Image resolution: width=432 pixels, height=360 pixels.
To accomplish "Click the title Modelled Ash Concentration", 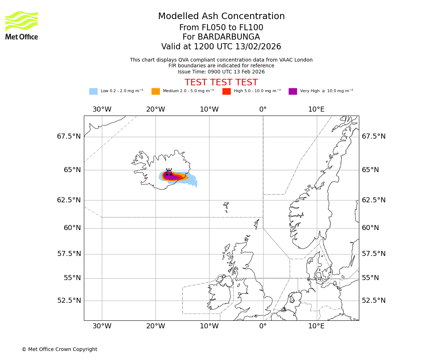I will [221, 17].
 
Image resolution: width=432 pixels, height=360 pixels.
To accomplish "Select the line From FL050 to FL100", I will [221, 28].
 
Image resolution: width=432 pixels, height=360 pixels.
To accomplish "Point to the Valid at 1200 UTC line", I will [221, 47].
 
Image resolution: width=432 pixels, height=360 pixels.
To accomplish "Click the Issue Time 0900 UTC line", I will [221, 72].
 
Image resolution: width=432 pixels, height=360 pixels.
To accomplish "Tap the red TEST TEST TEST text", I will [221, 82].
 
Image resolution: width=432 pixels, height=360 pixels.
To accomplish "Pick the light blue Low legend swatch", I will [93, 91].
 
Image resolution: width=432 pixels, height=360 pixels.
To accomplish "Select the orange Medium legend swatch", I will [156, 91].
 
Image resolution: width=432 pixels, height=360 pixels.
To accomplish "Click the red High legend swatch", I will [226, 91].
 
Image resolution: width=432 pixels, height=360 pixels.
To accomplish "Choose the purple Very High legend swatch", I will [293, 91].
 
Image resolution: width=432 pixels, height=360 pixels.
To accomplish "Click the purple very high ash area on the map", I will [172, 177].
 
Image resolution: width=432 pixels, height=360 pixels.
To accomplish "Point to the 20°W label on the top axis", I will [156, 109].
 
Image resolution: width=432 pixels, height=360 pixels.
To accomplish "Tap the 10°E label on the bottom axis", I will [316, 326].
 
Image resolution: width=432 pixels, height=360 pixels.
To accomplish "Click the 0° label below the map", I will [263, 326].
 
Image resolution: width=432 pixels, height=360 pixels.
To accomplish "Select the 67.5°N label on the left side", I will [69, 136].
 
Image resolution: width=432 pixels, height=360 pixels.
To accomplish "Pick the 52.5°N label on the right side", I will [374, 300].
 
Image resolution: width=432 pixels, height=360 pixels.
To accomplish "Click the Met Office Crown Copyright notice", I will [59, 349].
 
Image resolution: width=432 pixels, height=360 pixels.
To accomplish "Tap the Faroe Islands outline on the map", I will [226, 207].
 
